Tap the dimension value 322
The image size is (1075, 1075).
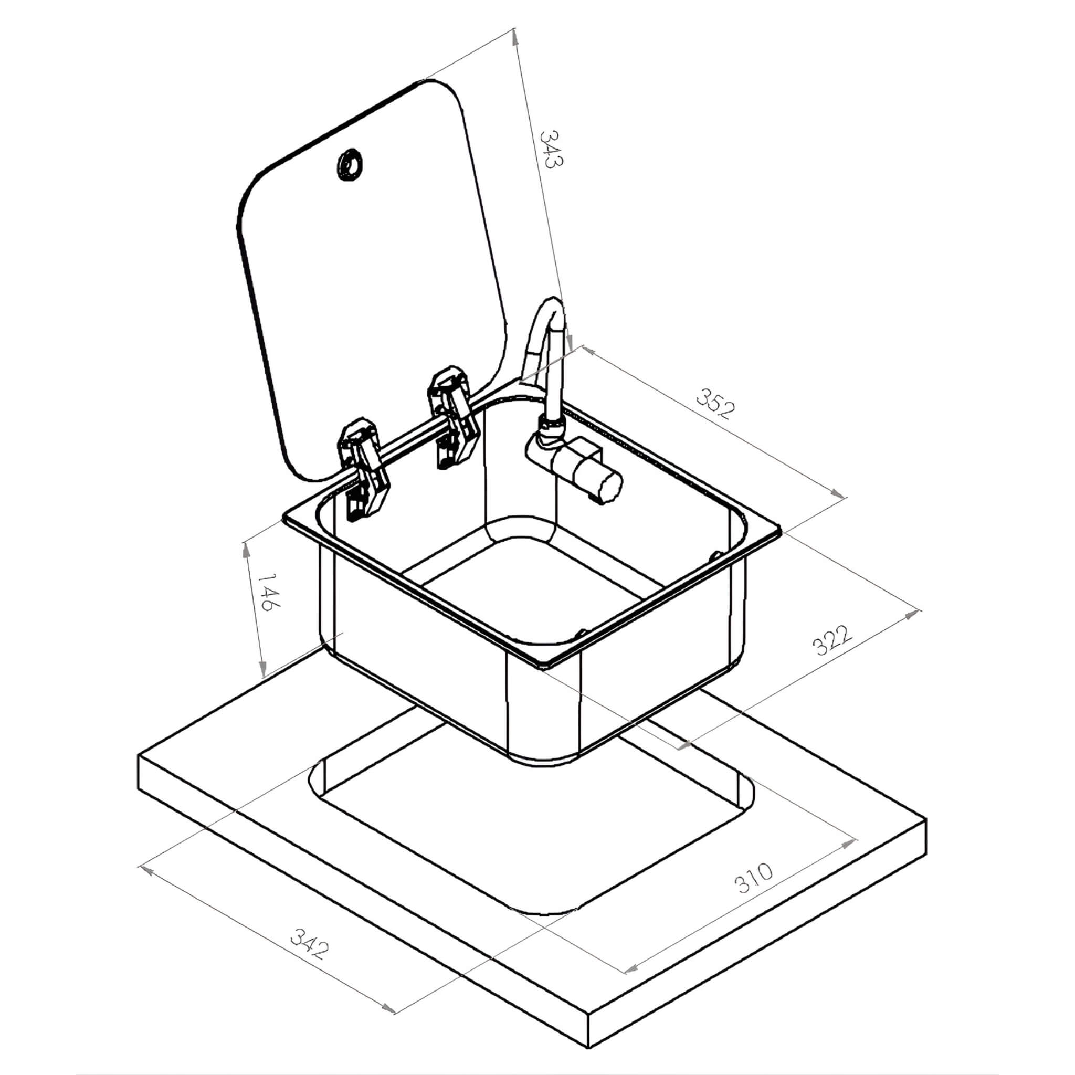[832, 640]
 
